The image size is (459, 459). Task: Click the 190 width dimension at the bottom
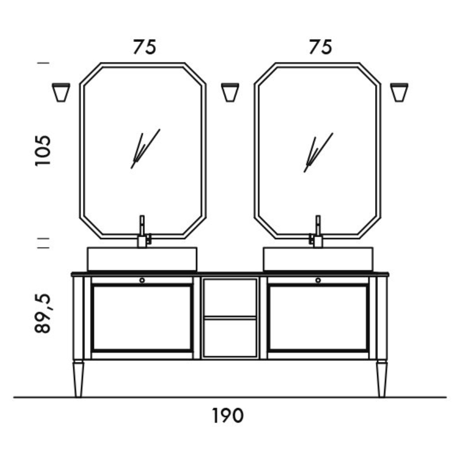tap(228, 416)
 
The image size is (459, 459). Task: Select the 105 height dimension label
tap(43, 151)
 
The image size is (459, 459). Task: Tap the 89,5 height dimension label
tap(43, 313)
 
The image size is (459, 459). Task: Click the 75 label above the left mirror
tap(144, 47)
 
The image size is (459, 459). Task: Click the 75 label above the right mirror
tap(320, 47)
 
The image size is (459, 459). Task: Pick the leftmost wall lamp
tap(61, 92)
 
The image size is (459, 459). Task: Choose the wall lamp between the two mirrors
tap(230, 92)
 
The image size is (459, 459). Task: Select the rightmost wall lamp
tap(399, 92)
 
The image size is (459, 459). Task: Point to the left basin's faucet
tap(142, 232)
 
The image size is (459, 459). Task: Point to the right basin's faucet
tap(317, 232)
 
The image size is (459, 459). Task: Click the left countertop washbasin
tap(142, 259)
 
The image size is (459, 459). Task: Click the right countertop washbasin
tap(318, 259)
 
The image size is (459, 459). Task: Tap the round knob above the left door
tap(142, 281)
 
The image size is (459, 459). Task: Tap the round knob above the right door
tap(318, 281)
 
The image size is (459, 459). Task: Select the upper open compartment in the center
tap(230, 297)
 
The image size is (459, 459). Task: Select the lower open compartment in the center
tap(230, 338)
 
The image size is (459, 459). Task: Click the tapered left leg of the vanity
tap(79, 379)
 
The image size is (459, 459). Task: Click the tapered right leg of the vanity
tap(381, 379)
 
